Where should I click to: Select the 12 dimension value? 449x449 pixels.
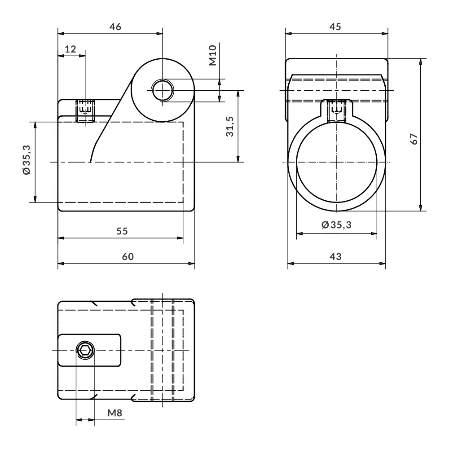[70, 49]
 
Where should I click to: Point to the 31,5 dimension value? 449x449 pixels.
[230, 127]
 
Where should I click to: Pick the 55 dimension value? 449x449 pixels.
[122, 231]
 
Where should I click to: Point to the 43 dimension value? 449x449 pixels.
[335, 256]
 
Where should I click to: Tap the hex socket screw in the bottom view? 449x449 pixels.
[85, 350]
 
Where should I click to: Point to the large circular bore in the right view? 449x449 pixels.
[336, 162]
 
